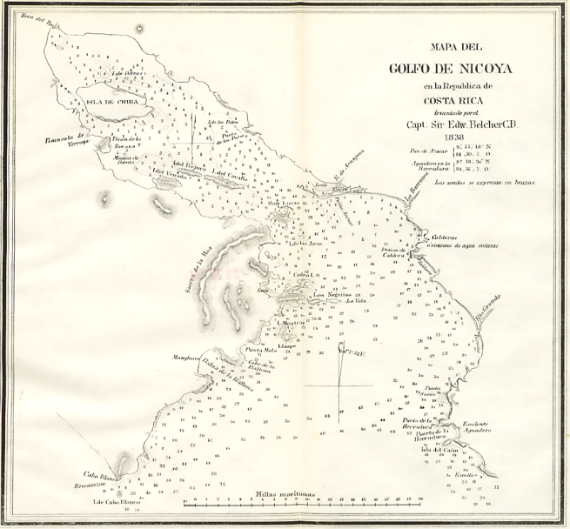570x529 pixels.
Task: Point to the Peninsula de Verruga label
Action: (63, 139)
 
